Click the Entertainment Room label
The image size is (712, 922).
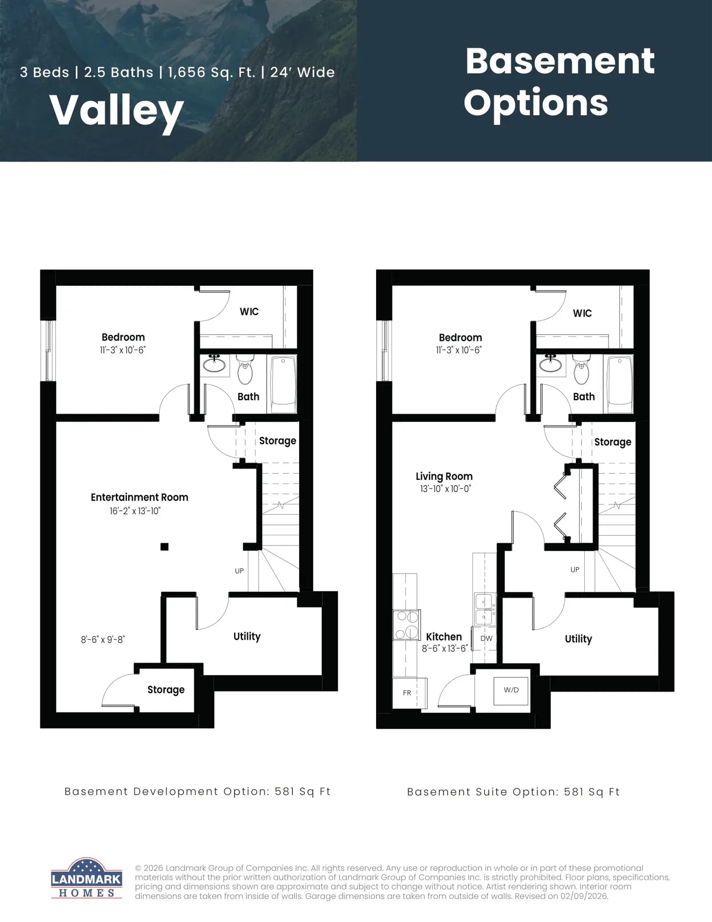[139, 497]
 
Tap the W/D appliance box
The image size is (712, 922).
[511, 691]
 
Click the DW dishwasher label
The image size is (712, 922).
[486, 638]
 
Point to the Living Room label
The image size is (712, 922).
[444, 476]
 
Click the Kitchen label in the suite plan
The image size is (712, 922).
[444, 637]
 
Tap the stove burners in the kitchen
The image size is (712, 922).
[407, 625]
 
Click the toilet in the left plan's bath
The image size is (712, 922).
[245, 370]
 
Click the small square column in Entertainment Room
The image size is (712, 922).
[164, 547]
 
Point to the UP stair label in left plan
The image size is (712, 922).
[239, 571]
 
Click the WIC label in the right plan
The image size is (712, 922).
[582, 313]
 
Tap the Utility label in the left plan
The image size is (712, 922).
[247, 636]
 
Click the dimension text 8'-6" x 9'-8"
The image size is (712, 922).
[103, 640]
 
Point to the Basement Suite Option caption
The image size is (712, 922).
[514, 792]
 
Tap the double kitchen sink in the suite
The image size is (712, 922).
[484, 609]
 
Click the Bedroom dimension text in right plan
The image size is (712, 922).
[459, 350]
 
